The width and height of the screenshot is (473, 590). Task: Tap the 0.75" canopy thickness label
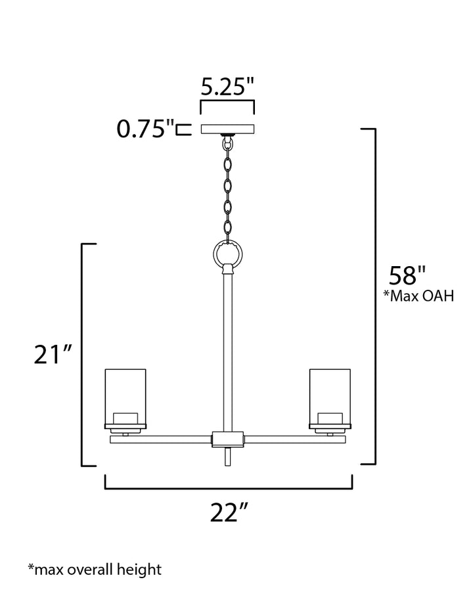[145, 129]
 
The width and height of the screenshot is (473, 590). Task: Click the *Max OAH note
[418, 296]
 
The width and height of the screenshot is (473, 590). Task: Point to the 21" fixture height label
[53, 355]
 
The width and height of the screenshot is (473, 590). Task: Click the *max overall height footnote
[94, 569]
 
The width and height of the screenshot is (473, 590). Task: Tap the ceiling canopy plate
[227, 129]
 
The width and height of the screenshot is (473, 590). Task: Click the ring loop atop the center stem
[228, 252]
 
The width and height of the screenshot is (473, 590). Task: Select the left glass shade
[125, 397]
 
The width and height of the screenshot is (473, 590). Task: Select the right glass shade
[330, 397]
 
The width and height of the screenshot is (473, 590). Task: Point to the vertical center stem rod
[228, 355]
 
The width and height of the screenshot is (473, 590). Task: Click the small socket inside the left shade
[125, 418]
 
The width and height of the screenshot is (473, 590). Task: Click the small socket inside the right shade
[330, 418]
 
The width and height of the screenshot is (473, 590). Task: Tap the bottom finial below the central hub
[228, 457]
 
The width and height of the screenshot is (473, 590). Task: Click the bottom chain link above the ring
[228, 229]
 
